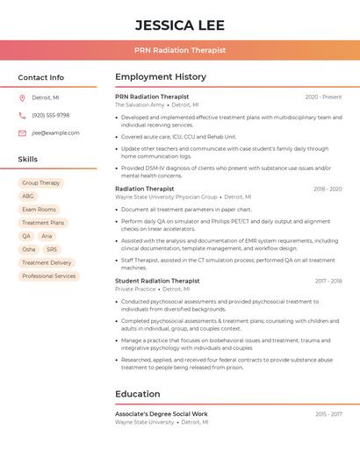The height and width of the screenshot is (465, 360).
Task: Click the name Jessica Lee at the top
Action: [x=180, y=25]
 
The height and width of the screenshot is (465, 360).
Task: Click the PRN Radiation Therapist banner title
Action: [x=180, y=50]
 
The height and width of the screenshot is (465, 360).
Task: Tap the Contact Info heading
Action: [x=41, y=77]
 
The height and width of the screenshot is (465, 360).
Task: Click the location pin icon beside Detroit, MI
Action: [x=22, y=97]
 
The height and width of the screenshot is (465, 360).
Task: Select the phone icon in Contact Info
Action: [x=22, y=115]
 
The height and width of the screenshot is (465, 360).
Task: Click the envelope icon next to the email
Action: [x=22, y=133]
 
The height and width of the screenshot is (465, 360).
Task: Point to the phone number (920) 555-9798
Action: [x=51, y=115]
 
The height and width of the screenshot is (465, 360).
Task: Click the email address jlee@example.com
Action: [x=55, y=133]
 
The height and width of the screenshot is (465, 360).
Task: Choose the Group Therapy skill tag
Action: [x=41, y=182]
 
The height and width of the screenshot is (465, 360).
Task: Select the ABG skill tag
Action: [x=28, y=197]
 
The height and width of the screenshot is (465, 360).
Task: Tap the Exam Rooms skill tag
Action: [x=39, y=210]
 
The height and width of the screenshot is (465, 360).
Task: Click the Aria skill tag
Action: [x=47, y=236]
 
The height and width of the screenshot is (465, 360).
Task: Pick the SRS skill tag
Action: [x=51, y=249]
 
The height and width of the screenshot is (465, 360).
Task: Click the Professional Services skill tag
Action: [x=49, y=275]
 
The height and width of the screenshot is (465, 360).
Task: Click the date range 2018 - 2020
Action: [x=328, y=189]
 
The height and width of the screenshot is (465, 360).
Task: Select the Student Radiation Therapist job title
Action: [x=157, y=281]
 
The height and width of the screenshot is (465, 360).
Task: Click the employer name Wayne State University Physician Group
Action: [x=166, y=197]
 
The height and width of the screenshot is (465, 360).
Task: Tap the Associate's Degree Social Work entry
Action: [x=162, y=413]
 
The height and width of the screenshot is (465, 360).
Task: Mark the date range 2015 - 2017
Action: [x=328, y=413]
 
